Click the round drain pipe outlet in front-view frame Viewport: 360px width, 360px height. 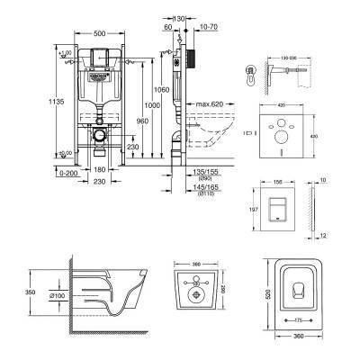tap(101, 140)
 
